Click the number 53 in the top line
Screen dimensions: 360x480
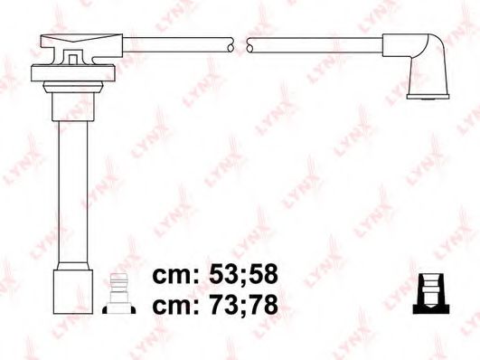[221, 273]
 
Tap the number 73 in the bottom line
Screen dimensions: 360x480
[221, 305]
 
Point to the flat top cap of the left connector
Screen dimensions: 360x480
[80, 42]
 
